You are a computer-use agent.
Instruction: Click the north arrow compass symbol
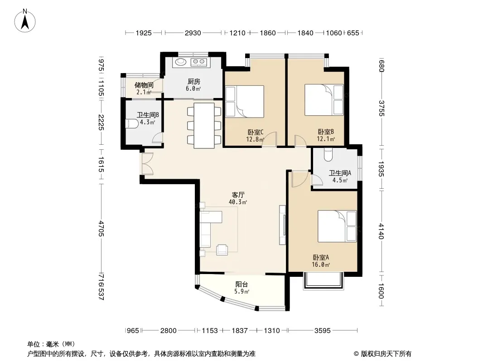(x=25, y=20)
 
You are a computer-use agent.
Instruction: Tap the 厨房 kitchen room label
(x=194, y=81)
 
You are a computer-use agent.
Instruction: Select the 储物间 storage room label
(x=144, y=85)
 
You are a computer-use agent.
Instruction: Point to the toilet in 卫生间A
(x=328, y=155)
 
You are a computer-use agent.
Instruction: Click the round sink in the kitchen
(x=181, y=62)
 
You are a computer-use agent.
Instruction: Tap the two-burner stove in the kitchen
(x=198, y=62)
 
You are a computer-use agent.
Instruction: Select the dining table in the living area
(x=204, y=126)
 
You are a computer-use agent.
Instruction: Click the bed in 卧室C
(x=245, y=102)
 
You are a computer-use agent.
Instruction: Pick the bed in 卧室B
(x=324, y=100)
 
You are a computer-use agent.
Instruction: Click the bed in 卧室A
(x=337, y=226)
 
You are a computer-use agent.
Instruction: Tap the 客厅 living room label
(x=238, y=195)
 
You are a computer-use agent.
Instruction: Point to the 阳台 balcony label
(x=241, y=285)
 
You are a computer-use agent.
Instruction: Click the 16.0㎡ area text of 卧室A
(x=321, y=265)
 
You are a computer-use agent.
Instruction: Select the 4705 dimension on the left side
(x=101, y=228)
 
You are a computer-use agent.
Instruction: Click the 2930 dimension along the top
(x=193, y=33)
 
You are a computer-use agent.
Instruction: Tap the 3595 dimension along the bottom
(x=323, y=331)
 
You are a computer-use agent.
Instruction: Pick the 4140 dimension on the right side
(x=381, y=231)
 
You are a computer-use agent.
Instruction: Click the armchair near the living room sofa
(x=222, y=250)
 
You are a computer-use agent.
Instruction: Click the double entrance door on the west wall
(x=147, y=164)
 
